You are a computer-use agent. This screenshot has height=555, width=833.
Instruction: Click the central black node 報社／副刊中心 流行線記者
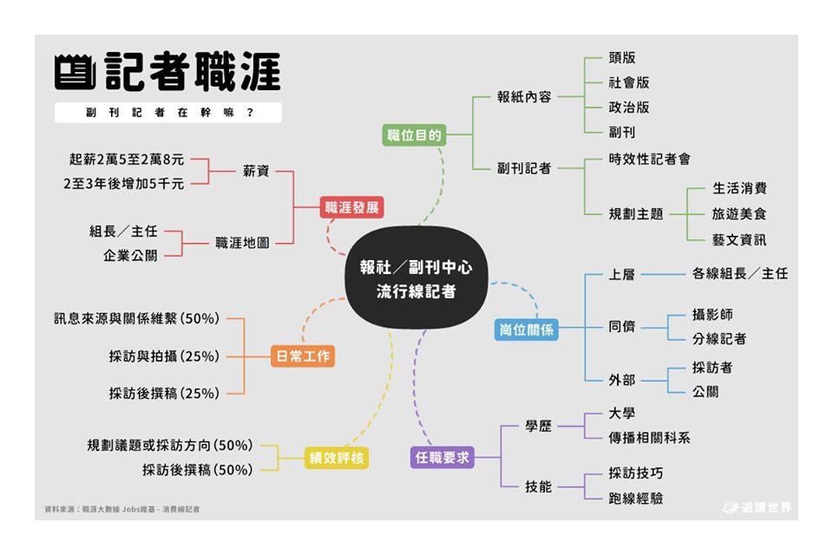click(x=416, y=279)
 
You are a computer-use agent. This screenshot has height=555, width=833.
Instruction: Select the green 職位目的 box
click(x=414, y=135)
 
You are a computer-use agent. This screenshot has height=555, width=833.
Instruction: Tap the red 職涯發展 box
click(x=351, y=208)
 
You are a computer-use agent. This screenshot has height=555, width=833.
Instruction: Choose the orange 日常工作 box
click(x=302, y=356)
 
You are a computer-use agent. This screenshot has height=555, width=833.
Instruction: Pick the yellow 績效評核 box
click(x=337, y=458)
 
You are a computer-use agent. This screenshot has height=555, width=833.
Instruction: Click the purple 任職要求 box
click(x=442, y=457)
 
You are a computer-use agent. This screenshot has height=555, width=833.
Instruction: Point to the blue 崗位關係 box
click(x=526, y=329)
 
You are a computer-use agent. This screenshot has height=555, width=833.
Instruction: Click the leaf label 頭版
click(x=621, y=58)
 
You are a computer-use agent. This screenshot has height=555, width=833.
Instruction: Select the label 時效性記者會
click(x=649, y=160)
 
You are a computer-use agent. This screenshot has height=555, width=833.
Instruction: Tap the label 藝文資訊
click(x=739, y=239)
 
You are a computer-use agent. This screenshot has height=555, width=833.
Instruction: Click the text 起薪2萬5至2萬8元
click(x=127, y=160)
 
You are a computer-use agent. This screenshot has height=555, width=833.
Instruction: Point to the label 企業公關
click(x=130, y=256)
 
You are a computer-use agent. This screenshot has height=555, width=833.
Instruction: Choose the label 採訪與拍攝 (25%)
click(x=164, y=356)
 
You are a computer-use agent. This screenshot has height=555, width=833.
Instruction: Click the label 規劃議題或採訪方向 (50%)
click(x=170, y=446)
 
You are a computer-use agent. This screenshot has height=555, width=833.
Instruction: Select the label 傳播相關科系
click(x=649, y=438)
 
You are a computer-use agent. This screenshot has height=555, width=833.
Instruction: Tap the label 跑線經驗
click(x=635, y=499)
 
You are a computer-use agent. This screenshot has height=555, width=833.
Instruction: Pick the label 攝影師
click(x=712, y=314)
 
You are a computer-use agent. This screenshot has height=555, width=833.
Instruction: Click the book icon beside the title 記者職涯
click(x=74, y=74)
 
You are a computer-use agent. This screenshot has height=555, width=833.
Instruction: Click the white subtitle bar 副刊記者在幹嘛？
click(x=168, y=113)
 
